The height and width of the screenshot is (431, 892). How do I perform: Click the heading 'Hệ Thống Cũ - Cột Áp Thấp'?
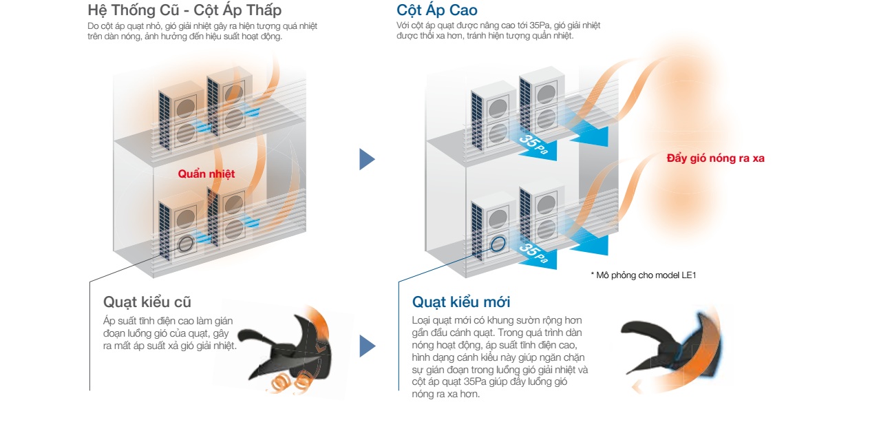point(184,10)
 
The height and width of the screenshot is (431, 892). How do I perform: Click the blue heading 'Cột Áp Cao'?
point(437,10)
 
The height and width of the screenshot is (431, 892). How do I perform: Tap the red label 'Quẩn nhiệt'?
point(206,174)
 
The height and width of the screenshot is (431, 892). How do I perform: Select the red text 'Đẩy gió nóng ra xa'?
point(716,158)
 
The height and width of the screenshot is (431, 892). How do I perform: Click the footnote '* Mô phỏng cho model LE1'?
point(644,275)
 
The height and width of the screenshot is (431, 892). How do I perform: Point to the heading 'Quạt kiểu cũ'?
point(147,302)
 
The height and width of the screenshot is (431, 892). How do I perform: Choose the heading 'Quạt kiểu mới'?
point(461,302)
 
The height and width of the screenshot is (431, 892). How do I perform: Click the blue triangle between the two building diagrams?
point(367,159)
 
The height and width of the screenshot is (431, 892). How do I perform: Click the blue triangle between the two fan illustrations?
point(367,346)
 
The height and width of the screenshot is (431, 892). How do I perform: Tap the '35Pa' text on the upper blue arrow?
point(533,144)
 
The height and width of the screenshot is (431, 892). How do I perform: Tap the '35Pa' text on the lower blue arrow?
point(533,253)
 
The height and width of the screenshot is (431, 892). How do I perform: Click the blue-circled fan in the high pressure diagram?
point(498,244)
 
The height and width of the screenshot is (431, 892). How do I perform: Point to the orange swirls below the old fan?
point(290,381)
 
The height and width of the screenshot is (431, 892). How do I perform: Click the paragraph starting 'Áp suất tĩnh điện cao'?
point(170,333)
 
